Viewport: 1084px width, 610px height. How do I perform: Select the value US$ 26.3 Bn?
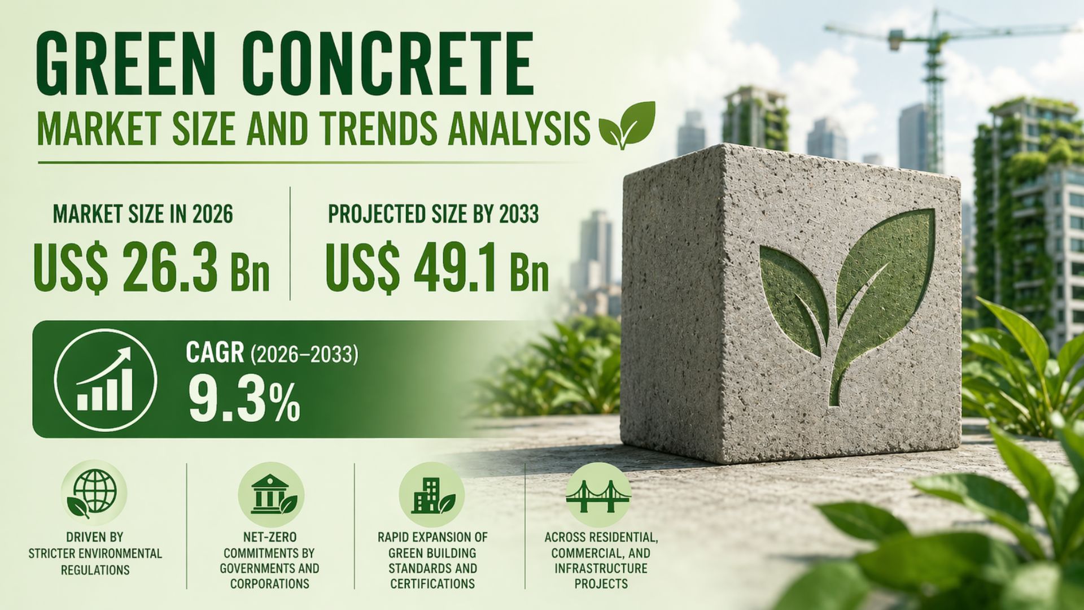tap(151, 267)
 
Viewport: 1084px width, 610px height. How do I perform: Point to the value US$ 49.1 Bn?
tap(436, 267)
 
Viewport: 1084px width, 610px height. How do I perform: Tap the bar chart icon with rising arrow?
tap(106, 379)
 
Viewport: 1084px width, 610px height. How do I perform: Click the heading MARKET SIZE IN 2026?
tap(143, 215)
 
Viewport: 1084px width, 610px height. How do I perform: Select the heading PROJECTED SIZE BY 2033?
tap(434, 215)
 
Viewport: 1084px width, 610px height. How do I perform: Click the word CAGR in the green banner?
tap(215, 352)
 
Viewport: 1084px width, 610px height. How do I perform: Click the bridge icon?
tap(598, 495)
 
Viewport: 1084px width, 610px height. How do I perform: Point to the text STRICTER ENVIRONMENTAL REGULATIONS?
tap(95, 562)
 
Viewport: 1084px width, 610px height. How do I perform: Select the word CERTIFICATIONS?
tap(432, 584)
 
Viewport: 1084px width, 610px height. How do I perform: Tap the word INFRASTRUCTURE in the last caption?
tap(601, 568)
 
